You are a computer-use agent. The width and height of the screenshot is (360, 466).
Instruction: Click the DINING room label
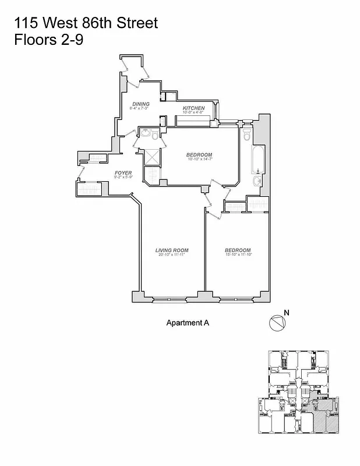click(x=141, y=104)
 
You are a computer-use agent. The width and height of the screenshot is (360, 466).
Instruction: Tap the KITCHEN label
click(x=193, y=108)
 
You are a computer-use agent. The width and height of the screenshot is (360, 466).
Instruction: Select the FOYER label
click(x=123, y=172)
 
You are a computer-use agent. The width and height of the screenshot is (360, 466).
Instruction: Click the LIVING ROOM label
click(x=172, y=250)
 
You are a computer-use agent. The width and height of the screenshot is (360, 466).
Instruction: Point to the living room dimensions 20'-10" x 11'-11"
click(x=172, y=255)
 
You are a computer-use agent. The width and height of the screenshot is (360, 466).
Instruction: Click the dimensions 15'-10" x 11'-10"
click(x=238, y=255)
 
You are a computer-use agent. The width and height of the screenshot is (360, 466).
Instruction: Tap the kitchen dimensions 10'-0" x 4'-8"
click(x=193, y=113)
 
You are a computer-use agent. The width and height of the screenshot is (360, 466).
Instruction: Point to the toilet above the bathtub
click(x=247, y=136)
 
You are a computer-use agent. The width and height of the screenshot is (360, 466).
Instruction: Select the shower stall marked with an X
click(x=152, y=157)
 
